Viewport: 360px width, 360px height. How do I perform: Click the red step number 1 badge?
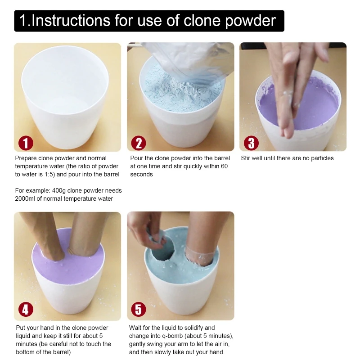[x=26, y=143]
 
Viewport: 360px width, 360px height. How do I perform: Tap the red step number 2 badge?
[x=139, y=143]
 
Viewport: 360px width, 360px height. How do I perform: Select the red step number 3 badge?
[x=251, y=143]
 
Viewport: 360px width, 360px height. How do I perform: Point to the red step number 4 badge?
[x=26, y=310]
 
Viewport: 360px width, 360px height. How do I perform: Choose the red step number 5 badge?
[x=139, y=310]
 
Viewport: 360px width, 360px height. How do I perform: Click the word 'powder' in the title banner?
[x=250, y=21]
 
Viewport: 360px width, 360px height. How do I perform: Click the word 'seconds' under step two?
[x=142, y=175]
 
